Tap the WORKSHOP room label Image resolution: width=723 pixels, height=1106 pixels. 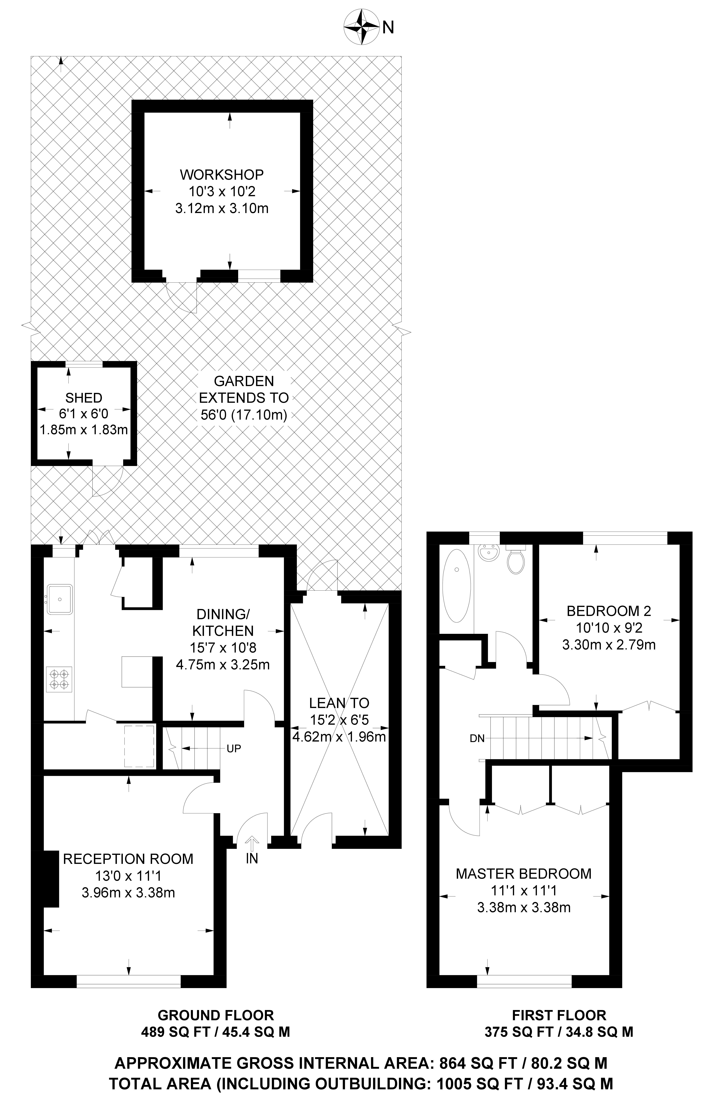tap(222, 175)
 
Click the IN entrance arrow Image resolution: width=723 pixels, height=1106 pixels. tap(252, 842)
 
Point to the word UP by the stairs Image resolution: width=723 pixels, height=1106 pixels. tap(234, 749)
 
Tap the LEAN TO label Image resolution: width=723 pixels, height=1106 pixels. tap(339, 703)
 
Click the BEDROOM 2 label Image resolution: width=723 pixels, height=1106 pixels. tap(609, 611)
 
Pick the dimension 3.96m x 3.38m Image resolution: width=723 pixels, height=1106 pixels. tap(128, 893)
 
